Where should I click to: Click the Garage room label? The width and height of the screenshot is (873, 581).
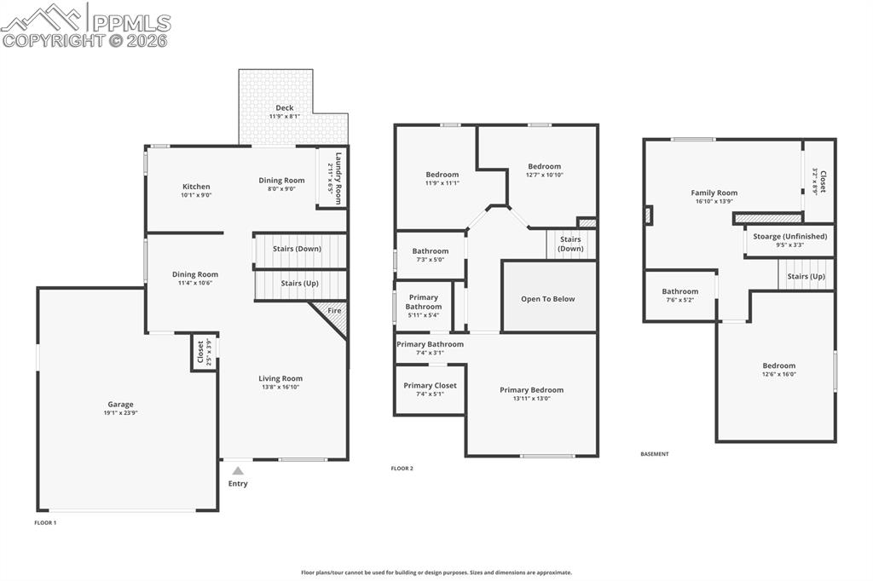[x=120, y=405]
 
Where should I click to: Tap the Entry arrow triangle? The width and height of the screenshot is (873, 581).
[x=238, y=470]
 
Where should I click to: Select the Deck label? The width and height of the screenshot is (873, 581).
[x=284, y=108]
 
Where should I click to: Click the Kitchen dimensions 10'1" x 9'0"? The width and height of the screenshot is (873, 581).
[x=196, y=195]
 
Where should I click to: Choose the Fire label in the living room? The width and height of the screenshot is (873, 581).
[x=334, y=312]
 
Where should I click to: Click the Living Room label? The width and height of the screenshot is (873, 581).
[x=280, y=378]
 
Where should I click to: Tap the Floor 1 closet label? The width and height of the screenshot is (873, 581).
[x=201, y=352]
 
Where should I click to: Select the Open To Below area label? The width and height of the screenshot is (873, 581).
[x=547, y=299]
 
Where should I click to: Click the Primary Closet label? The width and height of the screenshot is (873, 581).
[x=430, y=385]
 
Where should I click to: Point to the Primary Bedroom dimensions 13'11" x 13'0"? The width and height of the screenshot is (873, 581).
[x=531, y=399]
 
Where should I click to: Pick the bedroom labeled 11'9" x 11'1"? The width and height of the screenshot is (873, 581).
[x=442, y=182]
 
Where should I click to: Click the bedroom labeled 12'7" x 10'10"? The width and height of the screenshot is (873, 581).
[x=544, y=175]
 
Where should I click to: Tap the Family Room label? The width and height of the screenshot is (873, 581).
[x=714, y=193]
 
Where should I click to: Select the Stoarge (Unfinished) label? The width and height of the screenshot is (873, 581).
[x=789, y=236]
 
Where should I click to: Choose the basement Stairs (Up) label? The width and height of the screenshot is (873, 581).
[x=806, y=276]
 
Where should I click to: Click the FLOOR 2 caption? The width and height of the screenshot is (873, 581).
[x=402, y=469]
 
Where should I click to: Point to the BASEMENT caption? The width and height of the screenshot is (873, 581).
[x=654, y=454]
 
